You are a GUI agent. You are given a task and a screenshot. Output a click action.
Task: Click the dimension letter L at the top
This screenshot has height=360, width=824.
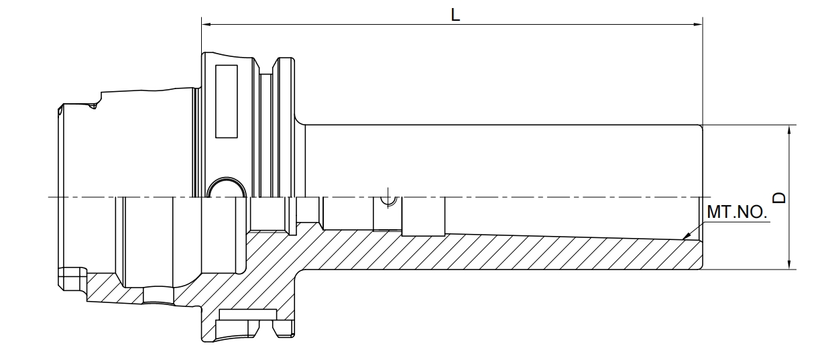coord(455,15)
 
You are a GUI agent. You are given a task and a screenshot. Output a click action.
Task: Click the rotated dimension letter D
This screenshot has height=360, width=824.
coord(779,198)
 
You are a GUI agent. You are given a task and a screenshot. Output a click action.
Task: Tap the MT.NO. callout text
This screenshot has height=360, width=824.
coord(737,212)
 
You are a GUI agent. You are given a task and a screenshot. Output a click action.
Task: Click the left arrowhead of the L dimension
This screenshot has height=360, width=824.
coord(207,25)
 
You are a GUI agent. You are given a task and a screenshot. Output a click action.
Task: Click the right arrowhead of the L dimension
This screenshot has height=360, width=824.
coord(698,25)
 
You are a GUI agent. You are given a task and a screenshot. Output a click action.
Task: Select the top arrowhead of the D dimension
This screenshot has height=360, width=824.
coord(789,130)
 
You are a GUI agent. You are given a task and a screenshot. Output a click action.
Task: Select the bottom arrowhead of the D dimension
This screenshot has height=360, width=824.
coord(789,264)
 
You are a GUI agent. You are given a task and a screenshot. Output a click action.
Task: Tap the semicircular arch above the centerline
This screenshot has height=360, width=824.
coord(227,178)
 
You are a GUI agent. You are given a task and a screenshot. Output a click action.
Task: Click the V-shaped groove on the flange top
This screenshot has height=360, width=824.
coord(266,66)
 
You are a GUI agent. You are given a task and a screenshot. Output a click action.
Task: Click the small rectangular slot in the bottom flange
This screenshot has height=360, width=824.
coord(247,314)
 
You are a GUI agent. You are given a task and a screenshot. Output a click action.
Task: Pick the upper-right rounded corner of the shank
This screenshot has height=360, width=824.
coord(700,127)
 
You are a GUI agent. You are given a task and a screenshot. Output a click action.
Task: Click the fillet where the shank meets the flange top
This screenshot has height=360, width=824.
coord(299,121)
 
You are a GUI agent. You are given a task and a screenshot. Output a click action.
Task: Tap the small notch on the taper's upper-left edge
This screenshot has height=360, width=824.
coord(93,106)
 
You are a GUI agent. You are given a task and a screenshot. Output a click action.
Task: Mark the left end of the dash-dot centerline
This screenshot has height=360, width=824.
coord(48,197)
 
